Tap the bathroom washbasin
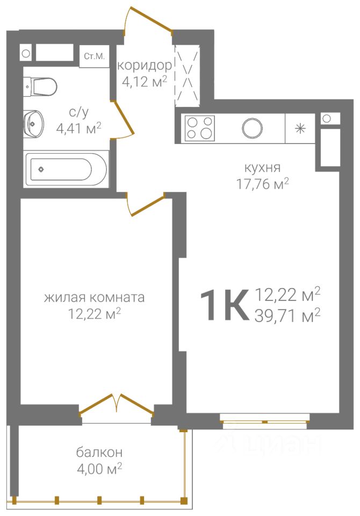(33, 124)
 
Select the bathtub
(66, 169)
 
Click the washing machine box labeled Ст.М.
(95, 56)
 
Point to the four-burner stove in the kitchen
(200, 128)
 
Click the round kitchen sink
(252, 128)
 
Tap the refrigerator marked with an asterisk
(300, 128)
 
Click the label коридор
(145, 66)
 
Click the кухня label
(262, 168)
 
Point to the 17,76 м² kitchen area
(263, 184)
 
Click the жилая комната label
(95, 297)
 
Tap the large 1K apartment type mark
(224, 305)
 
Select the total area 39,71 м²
(287, 316)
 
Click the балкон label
(99, 452)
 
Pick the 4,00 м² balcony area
(99, 469)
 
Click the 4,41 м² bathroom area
(78, 128)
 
